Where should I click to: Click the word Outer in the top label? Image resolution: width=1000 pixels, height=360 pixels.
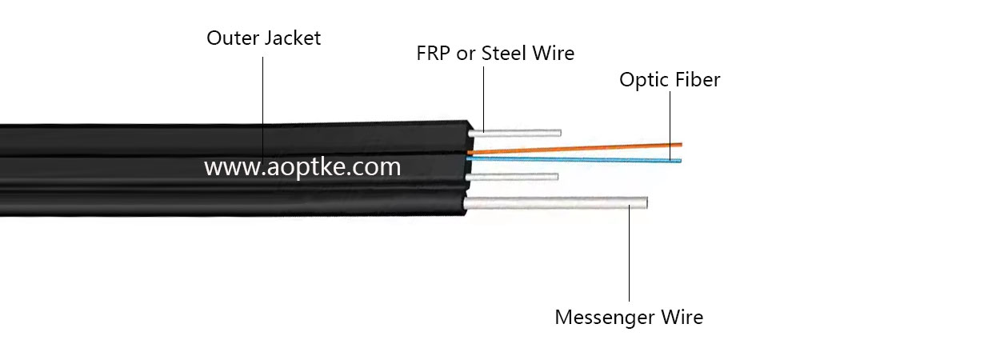pyautogui.click(x=230, y=38)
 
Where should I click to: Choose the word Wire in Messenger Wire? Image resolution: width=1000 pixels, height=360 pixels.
pyautogui.click(x=681, y=317)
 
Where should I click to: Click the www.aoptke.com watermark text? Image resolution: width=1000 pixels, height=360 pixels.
pyautogui.click(x=302, y=167)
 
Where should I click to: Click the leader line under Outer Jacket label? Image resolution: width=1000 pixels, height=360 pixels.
pyautogui.click(x=264, y=96)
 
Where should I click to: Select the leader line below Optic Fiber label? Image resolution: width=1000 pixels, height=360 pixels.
pyautogui.click(x=670, y=120)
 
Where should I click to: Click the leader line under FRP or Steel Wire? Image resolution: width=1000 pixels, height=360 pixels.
pyautogui.click(x=483, y=96)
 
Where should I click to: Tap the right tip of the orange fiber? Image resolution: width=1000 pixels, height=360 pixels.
pyautogui.click(x=680, y=144)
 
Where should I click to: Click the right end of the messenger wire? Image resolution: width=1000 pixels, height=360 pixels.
pyautogui.click(x=645, y=203)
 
